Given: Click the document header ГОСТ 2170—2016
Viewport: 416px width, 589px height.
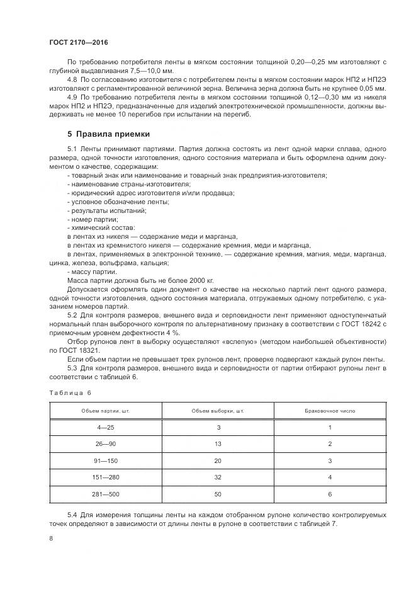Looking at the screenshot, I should point(79,42).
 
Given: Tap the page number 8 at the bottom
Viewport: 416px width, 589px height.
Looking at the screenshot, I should point(51,538).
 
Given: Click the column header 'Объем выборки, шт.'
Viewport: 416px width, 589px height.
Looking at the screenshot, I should point(217,411).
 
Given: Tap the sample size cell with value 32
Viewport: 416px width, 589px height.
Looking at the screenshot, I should point(217,477).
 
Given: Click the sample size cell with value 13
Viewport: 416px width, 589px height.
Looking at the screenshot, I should point(217,443).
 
